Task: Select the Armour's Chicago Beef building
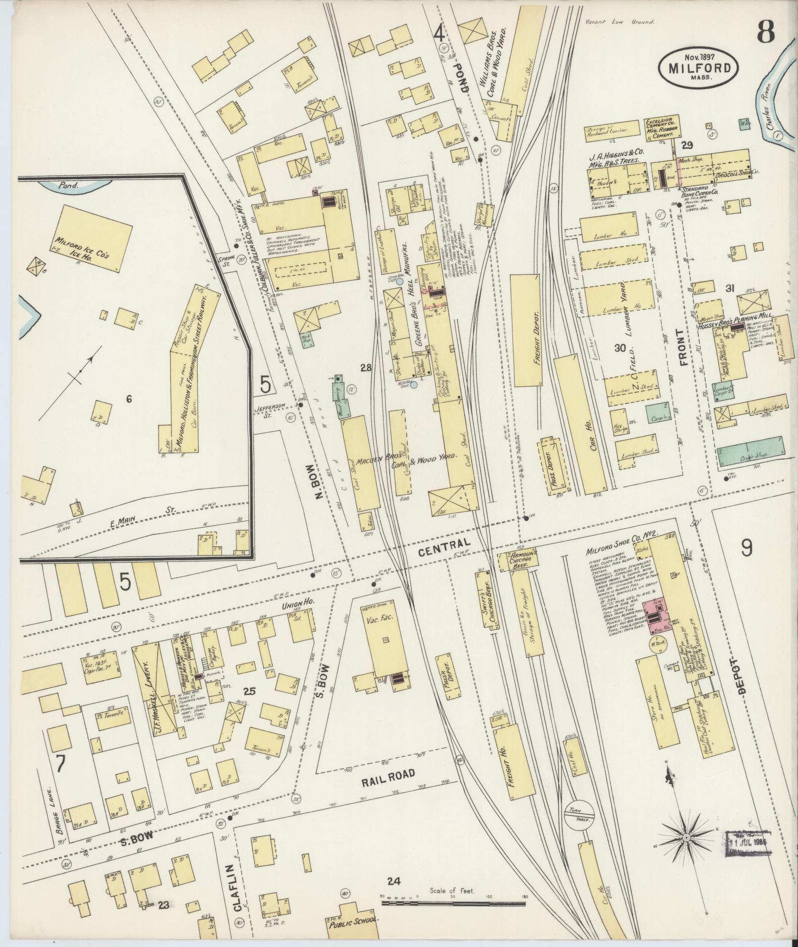point(517,560)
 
